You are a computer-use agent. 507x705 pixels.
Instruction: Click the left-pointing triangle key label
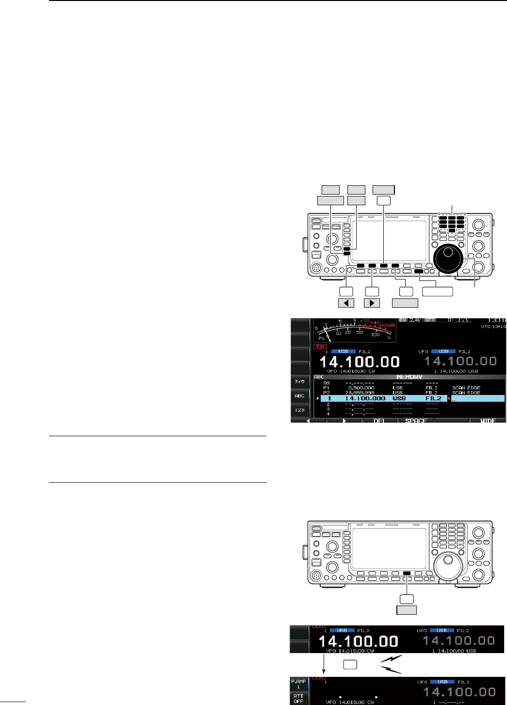pos(346,303)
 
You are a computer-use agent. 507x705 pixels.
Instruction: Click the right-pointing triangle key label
pos(372,303)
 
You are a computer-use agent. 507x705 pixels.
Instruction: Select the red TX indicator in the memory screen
pos(319,346)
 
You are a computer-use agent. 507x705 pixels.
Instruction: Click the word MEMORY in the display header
pos(409,377)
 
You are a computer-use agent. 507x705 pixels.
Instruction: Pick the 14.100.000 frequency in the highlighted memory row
pos(365,398)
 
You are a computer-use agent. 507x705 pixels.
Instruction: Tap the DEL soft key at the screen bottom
pos(379,420)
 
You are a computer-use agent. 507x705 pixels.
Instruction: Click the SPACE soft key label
pos(416,420)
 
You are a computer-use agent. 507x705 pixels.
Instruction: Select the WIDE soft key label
pos(488,420)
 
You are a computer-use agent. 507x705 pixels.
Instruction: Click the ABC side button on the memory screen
pos(300,396)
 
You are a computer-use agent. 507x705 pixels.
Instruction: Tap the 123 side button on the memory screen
pos(300,410)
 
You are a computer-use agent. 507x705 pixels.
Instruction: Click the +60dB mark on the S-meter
pos(388,326)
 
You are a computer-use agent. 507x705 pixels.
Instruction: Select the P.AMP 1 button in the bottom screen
pos(299,684)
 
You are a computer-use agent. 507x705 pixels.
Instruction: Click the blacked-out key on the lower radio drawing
pos(407,573)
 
